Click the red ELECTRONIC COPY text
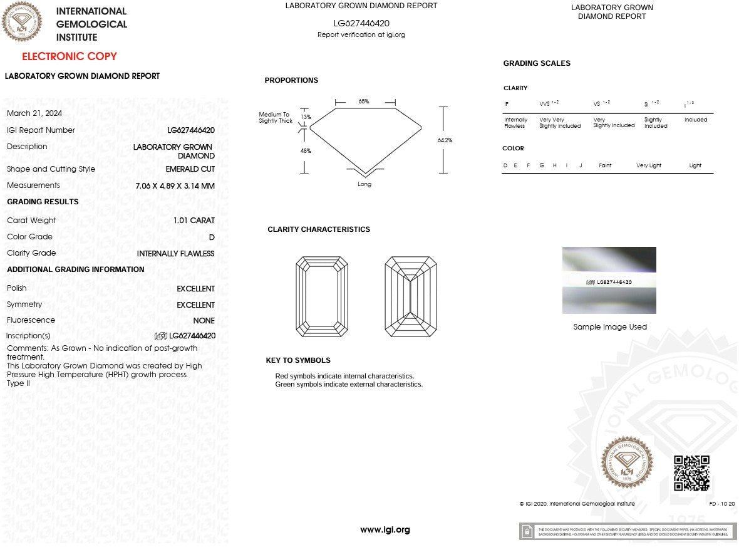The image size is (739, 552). tap(70, 56)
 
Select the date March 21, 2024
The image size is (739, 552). tap(34, 113)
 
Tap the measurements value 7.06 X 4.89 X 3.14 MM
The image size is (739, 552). tap(175, 186)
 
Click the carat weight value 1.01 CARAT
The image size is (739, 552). tap(194, 221)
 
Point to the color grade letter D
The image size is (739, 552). tap(212, 237)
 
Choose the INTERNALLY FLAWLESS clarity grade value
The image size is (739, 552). tap(175, 254)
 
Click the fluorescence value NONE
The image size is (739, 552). tap(204, 321)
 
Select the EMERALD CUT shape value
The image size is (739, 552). tap(190, 169)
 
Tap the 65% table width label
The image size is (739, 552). tap(364, 102)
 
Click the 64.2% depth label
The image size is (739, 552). tap(445, 140)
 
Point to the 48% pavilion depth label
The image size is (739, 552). tap(306, 151)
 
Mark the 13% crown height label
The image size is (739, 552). tap(306, 117)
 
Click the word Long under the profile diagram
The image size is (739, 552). tap(364, 184)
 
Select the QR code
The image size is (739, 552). tap(691, 473)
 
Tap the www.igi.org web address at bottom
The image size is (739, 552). tap(385, 530)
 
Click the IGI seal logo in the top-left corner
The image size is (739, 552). tap(22, 21)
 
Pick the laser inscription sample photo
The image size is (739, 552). tap(609, 280)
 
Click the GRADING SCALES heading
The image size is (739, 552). tap(537, 63)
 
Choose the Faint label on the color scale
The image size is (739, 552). tap(605, 165)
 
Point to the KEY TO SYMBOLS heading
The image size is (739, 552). tap(298, 360)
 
